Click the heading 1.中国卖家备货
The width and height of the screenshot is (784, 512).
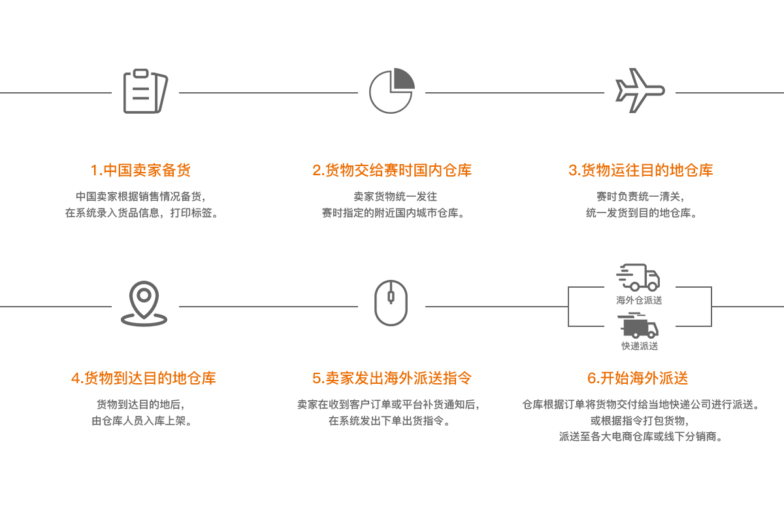tap(140, 171)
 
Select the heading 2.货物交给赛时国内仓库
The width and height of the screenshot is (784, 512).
tap(392, 171)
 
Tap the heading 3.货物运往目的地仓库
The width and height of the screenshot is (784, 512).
tap(641, 171)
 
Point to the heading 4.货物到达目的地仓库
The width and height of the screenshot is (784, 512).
tap(143, 379)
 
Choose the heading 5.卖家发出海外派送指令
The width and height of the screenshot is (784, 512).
tap(392, 379)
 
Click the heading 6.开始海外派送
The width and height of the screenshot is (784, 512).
tap(638, 379)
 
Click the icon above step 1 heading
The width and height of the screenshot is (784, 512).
tap(145, 91)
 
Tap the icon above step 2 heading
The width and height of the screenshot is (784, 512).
tap(392, 91)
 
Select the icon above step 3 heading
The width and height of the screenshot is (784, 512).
tap(640, 91)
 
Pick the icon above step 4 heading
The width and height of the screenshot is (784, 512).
tap(145, 303)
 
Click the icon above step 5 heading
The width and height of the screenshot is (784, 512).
tap(391, 303)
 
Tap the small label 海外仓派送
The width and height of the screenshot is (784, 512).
tap(639, 300)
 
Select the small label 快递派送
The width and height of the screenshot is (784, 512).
tap(640, 345)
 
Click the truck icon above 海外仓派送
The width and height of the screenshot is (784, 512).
tap(639, 278)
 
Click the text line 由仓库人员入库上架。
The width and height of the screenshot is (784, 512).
tap(142, 421)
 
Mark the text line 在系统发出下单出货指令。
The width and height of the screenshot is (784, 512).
tap(389, 420)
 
